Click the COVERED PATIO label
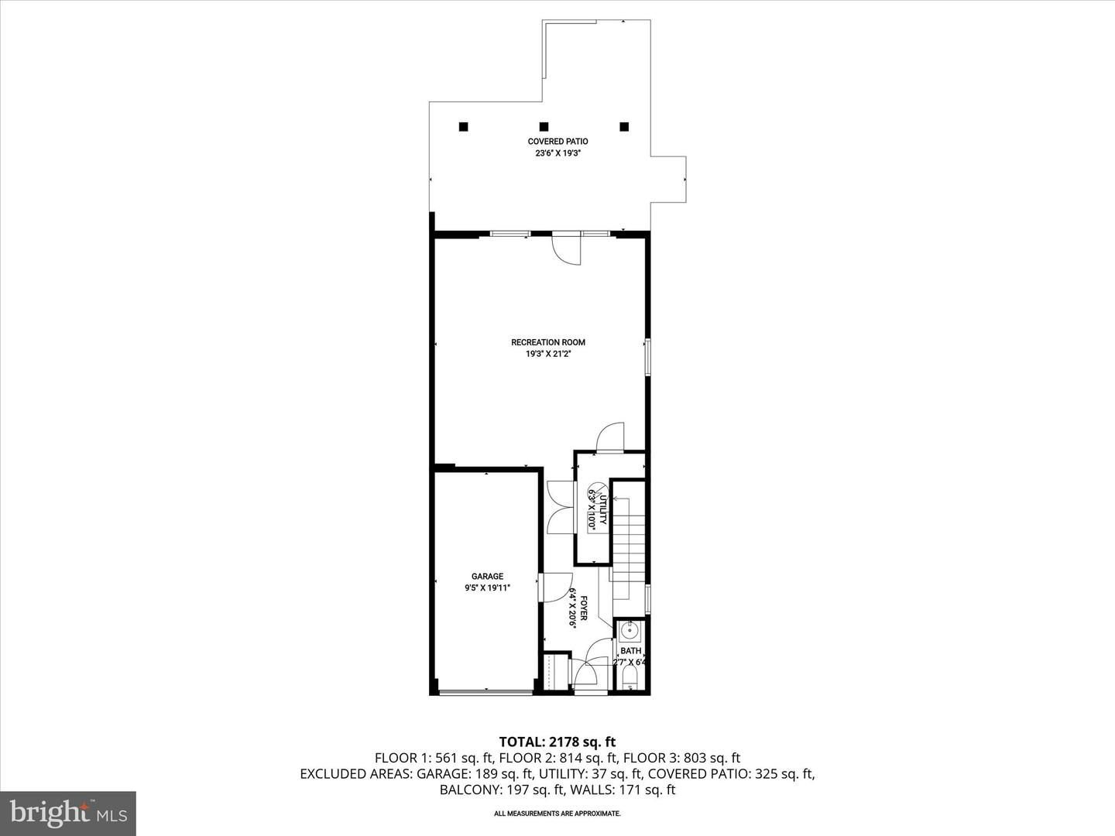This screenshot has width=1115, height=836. [x=557, y=142]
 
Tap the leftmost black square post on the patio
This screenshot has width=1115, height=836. [x=463, y=127]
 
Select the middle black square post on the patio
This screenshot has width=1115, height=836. [x=544, y=127]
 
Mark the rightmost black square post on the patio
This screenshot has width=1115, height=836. [x=624, y=127]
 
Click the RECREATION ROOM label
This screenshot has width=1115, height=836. [x=548, y=342]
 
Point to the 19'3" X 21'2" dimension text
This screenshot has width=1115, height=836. [x=548, y=354]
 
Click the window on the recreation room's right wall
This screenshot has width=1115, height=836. [x=648, y=357]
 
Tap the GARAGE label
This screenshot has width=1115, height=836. [x=487, y=576]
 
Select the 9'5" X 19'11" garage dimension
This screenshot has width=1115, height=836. [x=487, y=588]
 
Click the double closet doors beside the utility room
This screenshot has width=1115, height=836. [x=559, y=507]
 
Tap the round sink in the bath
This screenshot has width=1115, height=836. [x=630, y=631]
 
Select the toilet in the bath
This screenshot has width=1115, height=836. [x=630, y=680]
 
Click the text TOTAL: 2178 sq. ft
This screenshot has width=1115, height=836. [x=557, y=742]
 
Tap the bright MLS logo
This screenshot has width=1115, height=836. [x=68, y=813]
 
